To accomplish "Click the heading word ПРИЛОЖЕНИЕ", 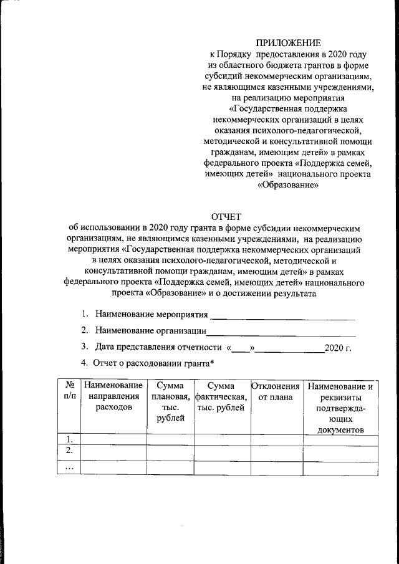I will tap(287, 43).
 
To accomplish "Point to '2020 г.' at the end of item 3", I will tap(339, 348).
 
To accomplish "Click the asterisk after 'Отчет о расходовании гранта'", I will tap(212, 363).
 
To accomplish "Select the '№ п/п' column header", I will tap(69, 392).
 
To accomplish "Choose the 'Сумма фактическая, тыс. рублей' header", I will tap(222, 398).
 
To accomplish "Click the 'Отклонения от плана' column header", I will tap(276, 392).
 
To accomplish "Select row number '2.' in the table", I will tap(69, 451).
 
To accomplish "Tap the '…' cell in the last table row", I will tap(69, 467).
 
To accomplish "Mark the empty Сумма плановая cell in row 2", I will tap(170, 451).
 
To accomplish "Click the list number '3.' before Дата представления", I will tap(84, 347).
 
